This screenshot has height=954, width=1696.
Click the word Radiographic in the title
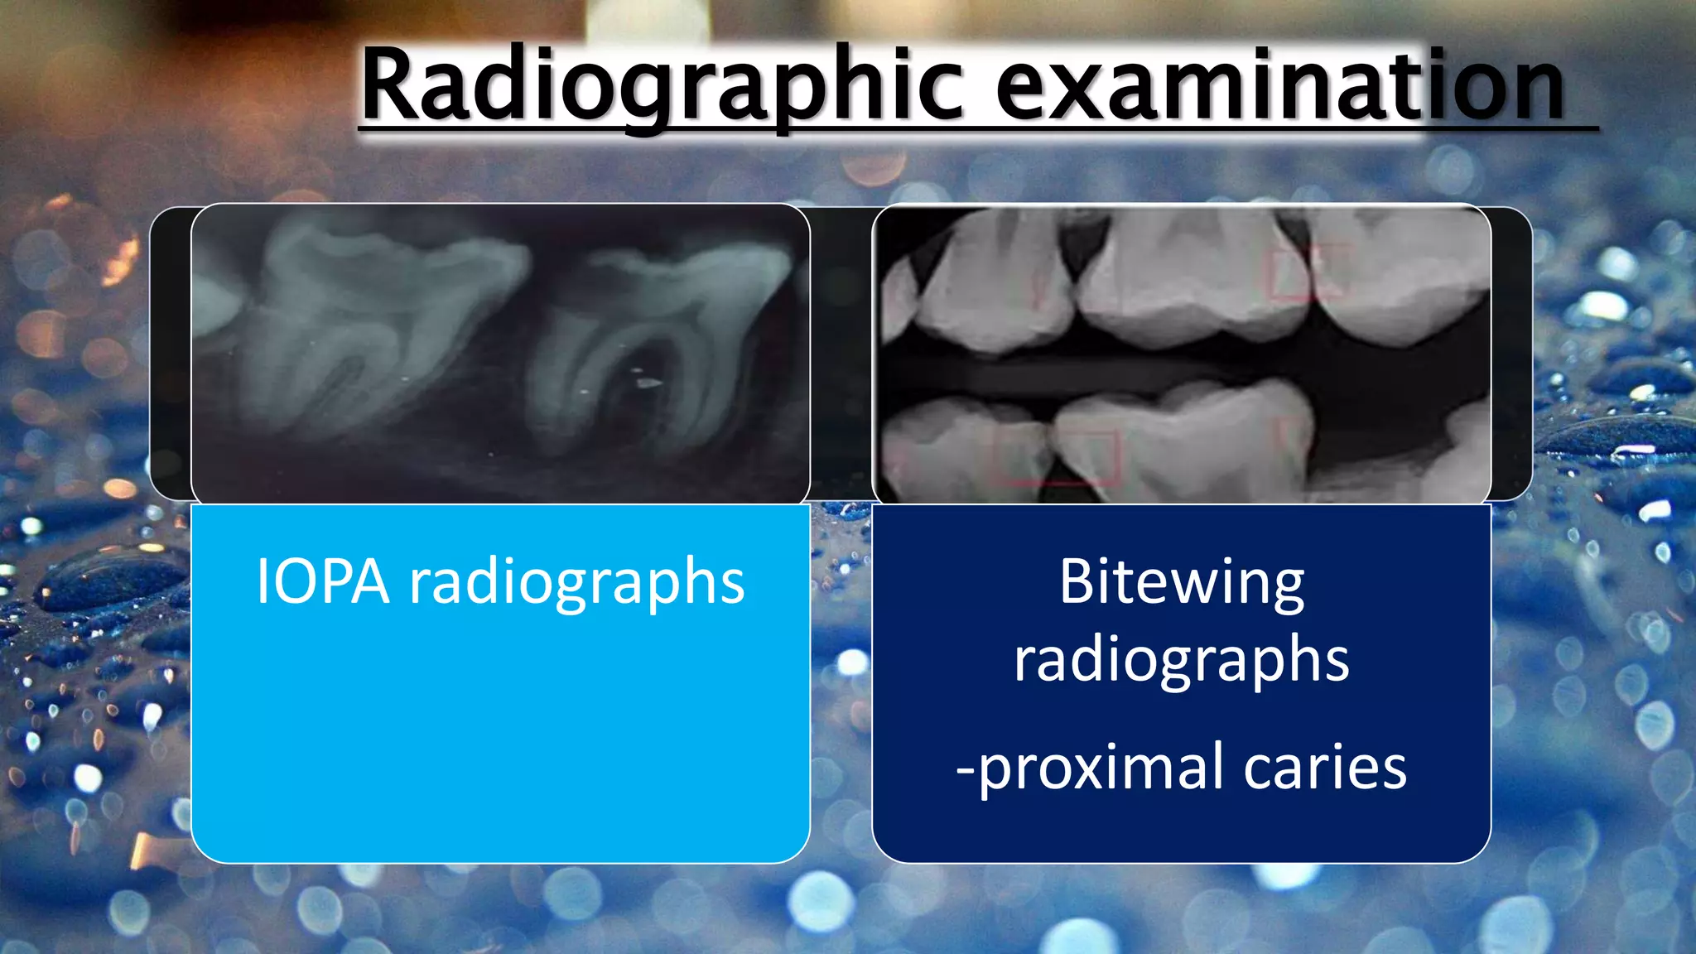(x=662, y=87)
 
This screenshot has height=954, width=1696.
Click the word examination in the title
(x=1279, y=87)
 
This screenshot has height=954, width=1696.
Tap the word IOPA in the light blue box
(x=323, y=581)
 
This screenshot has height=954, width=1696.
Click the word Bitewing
(x=1182, y=582)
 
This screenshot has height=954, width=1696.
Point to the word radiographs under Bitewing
(x=1182, y=660)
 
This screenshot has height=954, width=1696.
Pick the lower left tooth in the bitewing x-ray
(x=961, y=451)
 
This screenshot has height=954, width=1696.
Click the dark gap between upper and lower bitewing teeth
(x=1077, y=373)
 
